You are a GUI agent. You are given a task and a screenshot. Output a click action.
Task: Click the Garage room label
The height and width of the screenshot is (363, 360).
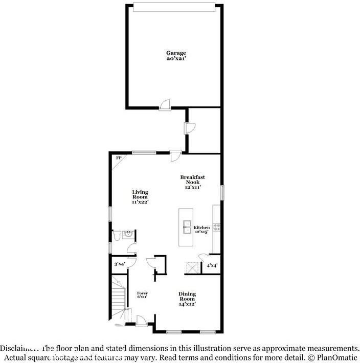coord(175,53)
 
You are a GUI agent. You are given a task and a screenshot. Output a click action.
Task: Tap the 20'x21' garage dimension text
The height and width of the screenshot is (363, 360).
coord(175,59)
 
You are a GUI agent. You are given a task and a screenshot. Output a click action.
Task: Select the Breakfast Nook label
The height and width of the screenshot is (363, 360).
coord(192,179)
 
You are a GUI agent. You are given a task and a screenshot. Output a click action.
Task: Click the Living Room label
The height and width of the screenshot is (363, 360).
coord(140,195)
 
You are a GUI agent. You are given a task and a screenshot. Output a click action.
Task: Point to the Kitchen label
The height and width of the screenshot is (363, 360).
coord(201,228)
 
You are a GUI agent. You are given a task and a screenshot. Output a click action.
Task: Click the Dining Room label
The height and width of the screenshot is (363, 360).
coord(187,296)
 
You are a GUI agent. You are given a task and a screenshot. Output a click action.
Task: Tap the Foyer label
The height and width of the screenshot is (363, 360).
coord(143,293)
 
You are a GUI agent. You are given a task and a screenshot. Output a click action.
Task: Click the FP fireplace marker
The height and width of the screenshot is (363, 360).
coord(119,158)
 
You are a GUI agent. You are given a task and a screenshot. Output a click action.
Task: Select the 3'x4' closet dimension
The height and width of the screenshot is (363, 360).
coord(119,264)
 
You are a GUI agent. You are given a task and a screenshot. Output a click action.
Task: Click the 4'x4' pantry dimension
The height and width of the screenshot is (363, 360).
coord(212,265)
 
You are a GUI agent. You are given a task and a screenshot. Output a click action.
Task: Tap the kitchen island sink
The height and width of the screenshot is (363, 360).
coord(187,226)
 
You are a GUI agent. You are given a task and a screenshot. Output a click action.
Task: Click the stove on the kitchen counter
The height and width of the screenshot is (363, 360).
coord(216,226)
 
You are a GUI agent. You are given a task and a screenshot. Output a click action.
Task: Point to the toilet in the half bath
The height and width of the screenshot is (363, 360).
coord(117,235)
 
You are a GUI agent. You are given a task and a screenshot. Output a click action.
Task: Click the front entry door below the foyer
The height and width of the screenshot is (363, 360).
coord(141,321)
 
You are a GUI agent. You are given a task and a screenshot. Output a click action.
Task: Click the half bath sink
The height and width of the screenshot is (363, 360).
coord(128,235)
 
